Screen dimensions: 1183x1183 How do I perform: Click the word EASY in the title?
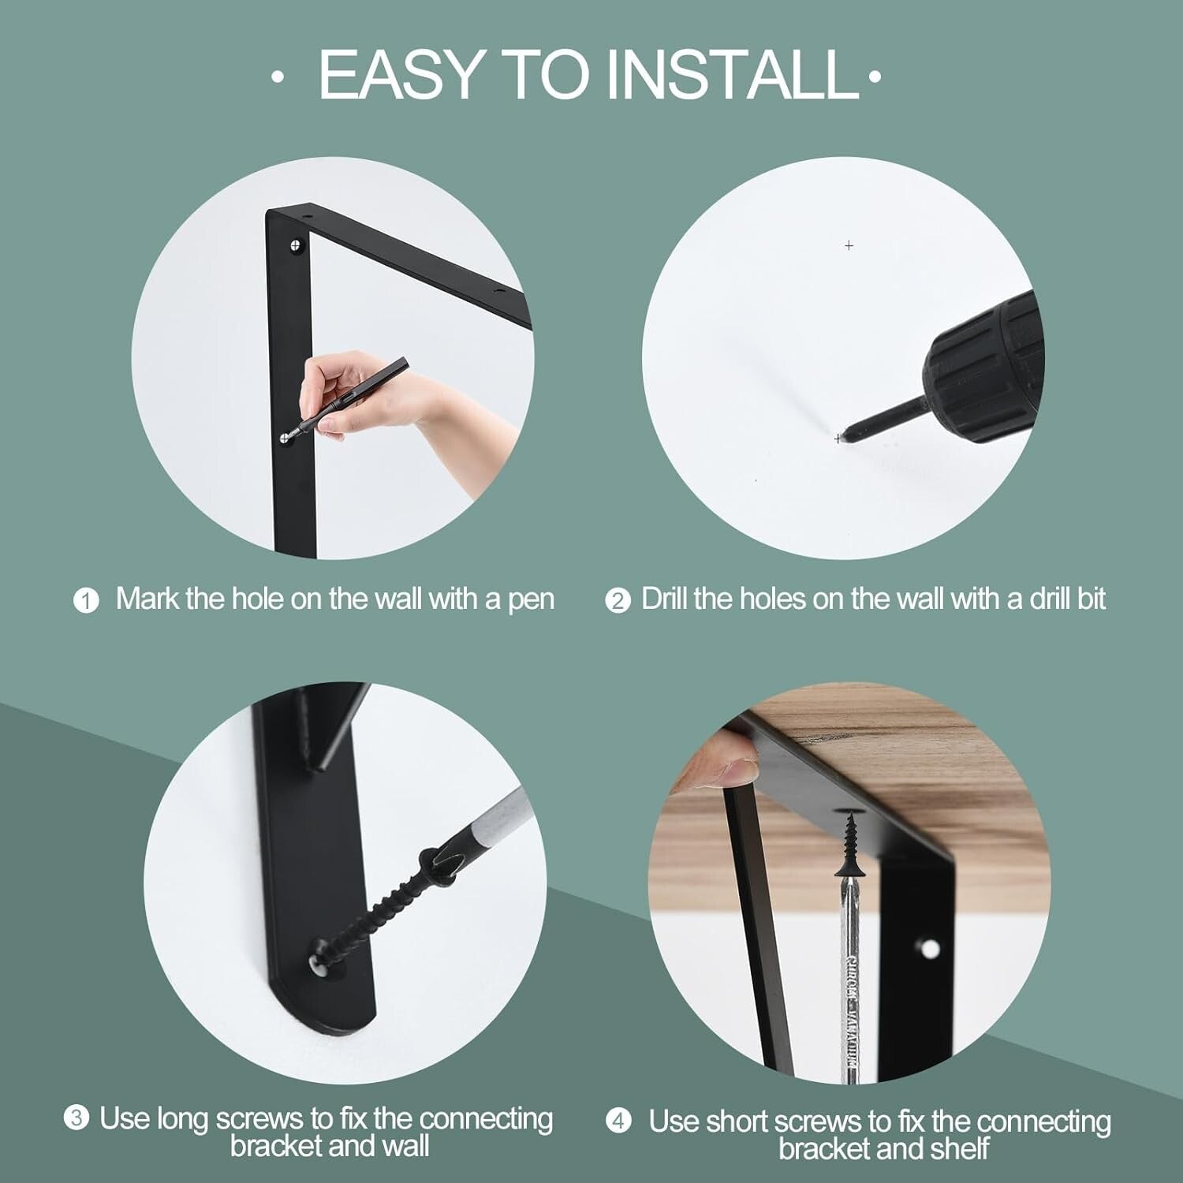pos(401,74)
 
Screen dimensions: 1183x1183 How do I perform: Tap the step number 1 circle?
pos(86,601)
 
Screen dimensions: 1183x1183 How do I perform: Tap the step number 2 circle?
pos(618,601)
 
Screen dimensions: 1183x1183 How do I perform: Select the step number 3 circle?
pos(76,1118)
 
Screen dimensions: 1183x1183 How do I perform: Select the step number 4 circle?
pos(619,1121)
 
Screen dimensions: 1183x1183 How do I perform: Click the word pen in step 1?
pos(531,599)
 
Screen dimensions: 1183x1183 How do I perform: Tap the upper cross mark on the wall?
pos(849,246)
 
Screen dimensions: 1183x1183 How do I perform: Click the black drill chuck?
pos(986,363)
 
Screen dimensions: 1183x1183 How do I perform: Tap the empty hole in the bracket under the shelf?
pos(930,947)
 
